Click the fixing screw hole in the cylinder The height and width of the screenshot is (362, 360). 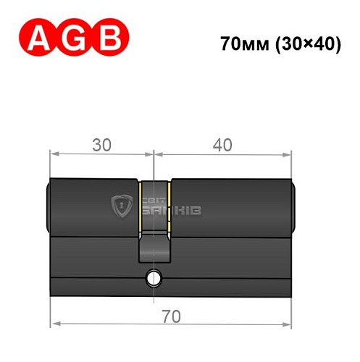coord(153,277)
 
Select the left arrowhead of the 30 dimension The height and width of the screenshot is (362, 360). coord(54,154)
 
